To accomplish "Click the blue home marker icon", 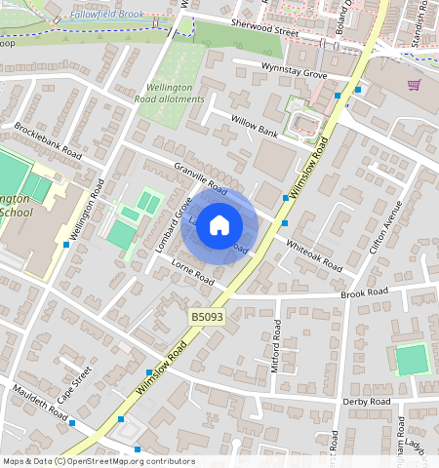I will point(219,226).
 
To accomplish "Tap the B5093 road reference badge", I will point(205,318).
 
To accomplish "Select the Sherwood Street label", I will point(264,30).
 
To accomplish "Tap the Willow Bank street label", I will point(255,126).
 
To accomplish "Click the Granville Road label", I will point(200,178).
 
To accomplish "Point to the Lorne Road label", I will point(191,272).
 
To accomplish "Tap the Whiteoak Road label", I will point(314,253).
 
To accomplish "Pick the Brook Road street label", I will point(364,292).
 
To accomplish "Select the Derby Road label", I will point(366,401).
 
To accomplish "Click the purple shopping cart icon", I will point(414,85).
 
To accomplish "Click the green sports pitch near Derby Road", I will point(411,360).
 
